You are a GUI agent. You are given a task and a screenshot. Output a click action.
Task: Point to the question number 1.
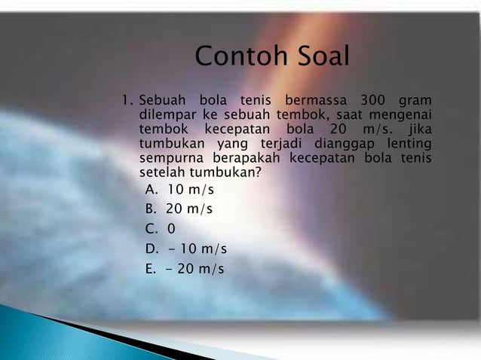pyautogui.click(x=127, y=100)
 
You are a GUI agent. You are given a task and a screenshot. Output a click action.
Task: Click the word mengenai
pyautogui.click(x=400, y=115)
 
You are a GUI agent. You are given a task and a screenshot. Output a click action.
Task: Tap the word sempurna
pyautogui.click(x=170, y=158)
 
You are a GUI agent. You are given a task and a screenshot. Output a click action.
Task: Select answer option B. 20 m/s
pyautogui.click(x=178, y=209)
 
